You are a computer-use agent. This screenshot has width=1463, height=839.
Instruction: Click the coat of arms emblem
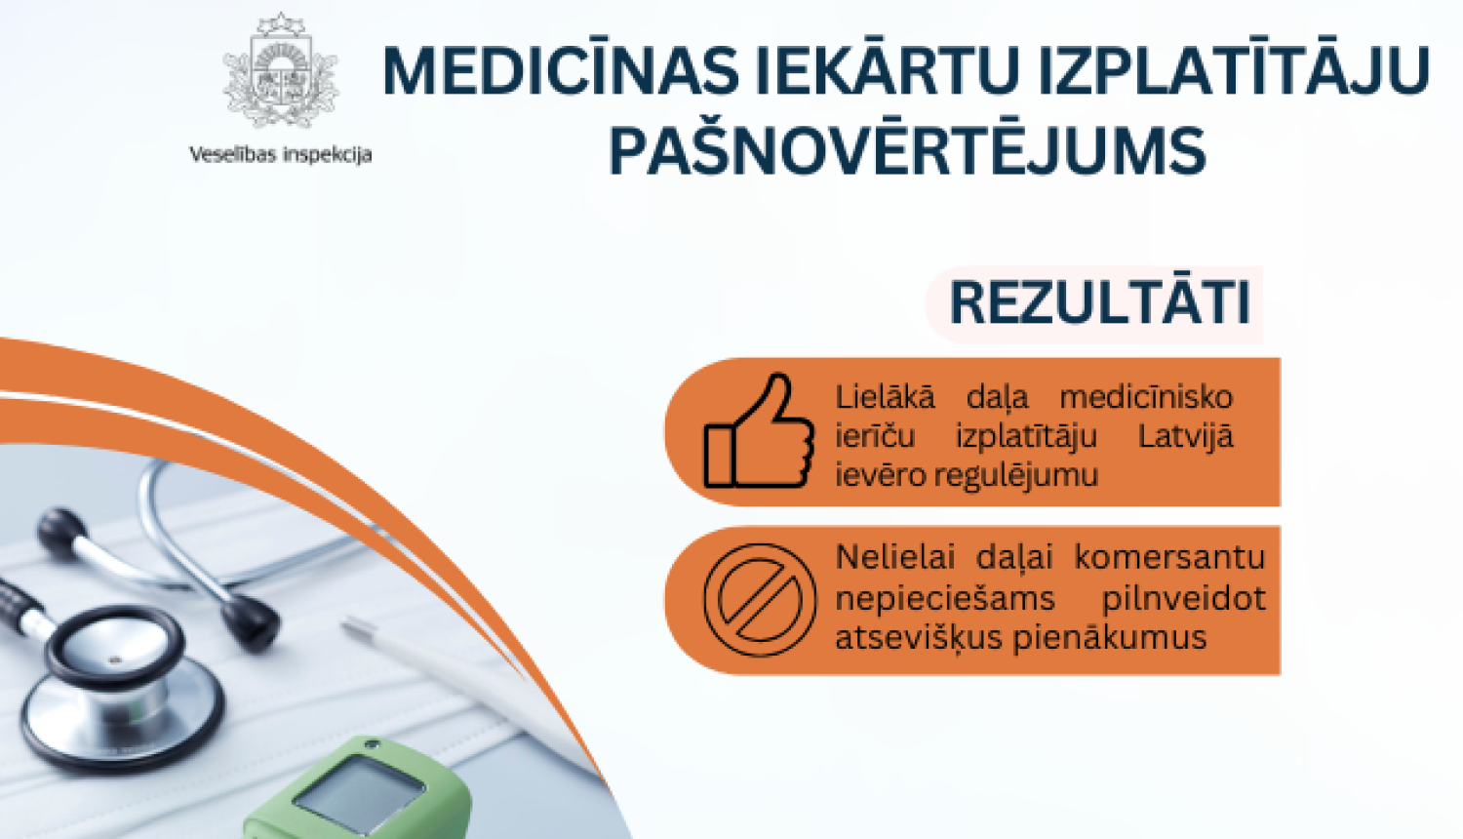click(x=281, y=73)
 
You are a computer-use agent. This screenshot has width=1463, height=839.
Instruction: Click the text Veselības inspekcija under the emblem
click(x=280, y=154)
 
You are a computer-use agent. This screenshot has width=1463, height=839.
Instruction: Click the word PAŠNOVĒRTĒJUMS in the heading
click(x=907, y=151)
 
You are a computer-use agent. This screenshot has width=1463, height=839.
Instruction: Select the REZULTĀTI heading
click(x=1099, y=303)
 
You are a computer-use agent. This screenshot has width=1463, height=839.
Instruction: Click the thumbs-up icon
click(x=759, y=432)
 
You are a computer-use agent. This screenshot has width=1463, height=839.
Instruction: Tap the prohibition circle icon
click(x=760, y=599)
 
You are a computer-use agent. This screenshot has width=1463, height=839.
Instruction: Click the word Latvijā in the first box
click(x=1185, y=435)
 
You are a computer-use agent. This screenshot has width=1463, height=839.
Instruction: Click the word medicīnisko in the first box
click(x=1146, y=397)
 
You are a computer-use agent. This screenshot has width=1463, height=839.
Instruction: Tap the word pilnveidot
click(x=1183, y=597)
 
